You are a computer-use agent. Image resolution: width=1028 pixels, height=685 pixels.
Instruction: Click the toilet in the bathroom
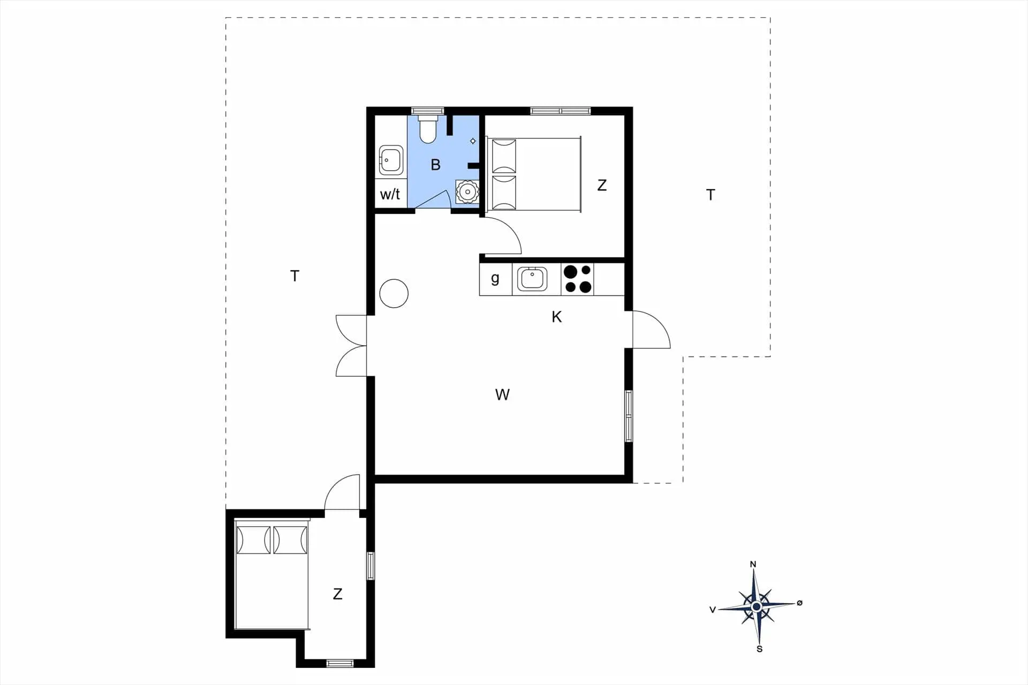(428, 129)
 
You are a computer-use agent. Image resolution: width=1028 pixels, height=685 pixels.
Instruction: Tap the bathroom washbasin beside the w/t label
(391, 159)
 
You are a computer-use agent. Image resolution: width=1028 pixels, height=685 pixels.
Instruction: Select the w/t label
(390, 194)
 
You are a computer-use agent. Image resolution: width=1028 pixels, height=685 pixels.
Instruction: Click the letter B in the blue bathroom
(436, 165)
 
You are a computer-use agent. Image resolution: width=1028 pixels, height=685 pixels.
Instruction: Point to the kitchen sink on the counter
(532, 279)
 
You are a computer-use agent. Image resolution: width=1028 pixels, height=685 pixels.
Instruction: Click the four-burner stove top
(578, 279)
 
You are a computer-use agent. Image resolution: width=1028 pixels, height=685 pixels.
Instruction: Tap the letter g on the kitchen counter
(495, 278)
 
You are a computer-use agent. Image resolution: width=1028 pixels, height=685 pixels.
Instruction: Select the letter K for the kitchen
(557, 317)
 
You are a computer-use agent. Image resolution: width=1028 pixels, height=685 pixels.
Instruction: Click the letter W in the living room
(502, 395)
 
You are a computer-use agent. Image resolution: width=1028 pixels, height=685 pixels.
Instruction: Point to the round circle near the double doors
(394, 293)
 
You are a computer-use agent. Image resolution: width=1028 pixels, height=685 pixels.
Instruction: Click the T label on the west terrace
(294, 276)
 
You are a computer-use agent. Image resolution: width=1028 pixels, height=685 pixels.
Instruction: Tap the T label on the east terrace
(710, 195)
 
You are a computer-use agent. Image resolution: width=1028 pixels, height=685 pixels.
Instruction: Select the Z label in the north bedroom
(602, 185)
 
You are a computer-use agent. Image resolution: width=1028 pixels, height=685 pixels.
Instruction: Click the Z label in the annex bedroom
(337, 594)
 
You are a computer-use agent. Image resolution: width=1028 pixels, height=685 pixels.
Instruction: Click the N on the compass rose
(753, 564)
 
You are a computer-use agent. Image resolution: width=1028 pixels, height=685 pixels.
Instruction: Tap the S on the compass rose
(759, 649)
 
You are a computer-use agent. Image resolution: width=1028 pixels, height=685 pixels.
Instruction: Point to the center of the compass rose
(757, 606)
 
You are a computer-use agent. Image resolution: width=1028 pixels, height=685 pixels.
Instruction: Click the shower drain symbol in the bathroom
(473, 141)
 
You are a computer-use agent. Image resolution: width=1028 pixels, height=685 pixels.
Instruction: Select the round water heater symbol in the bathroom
(467, 192)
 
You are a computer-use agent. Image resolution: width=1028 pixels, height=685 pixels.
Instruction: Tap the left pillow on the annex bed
(253, 540)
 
